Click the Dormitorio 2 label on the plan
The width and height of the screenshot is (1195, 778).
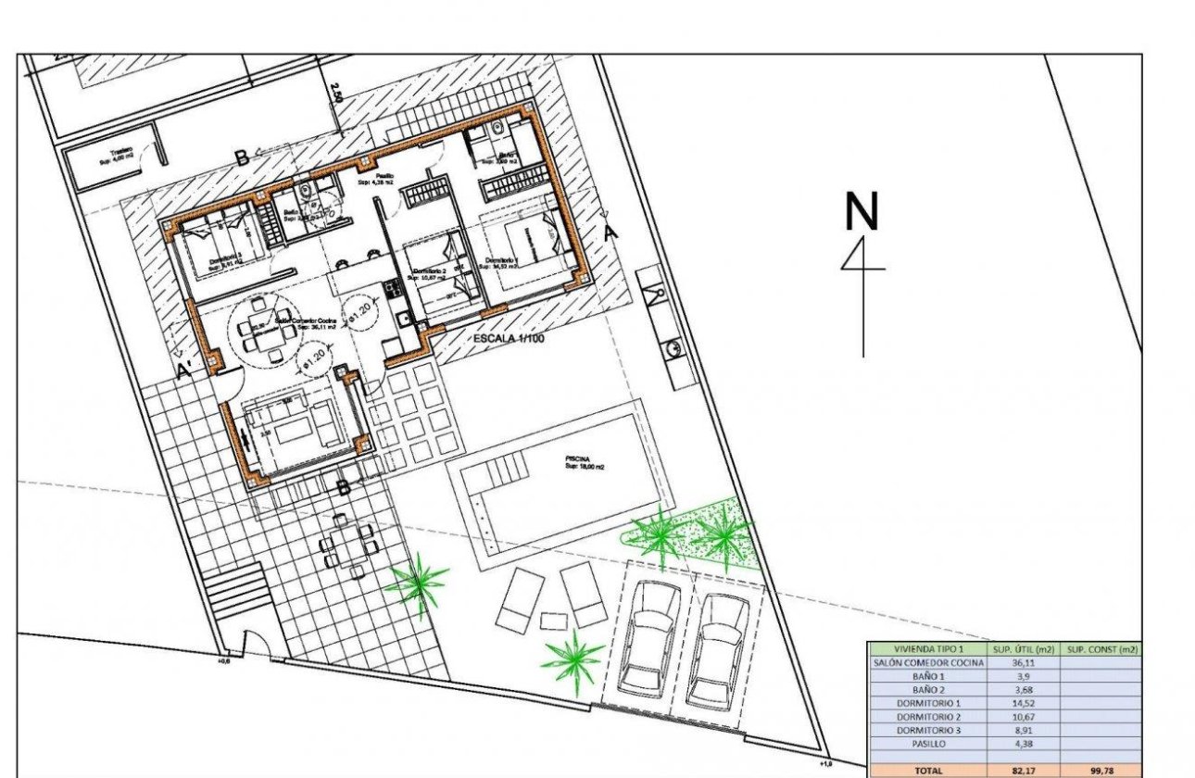coord(430,273)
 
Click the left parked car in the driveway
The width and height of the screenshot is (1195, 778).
coord(648,639)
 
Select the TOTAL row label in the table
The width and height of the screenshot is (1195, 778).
coord(926,770)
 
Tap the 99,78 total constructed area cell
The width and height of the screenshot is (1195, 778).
coord(1101,770)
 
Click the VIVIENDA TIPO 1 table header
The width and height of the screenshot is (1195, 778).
coord(926,649)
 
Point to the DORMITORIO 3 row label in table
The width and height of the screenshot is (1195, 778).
coord(926,730)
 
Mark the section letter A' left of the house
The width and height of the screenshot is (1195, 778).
coord(183,373)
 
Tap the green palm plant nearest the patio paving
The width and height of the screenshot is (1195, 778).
coord(417,582)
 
